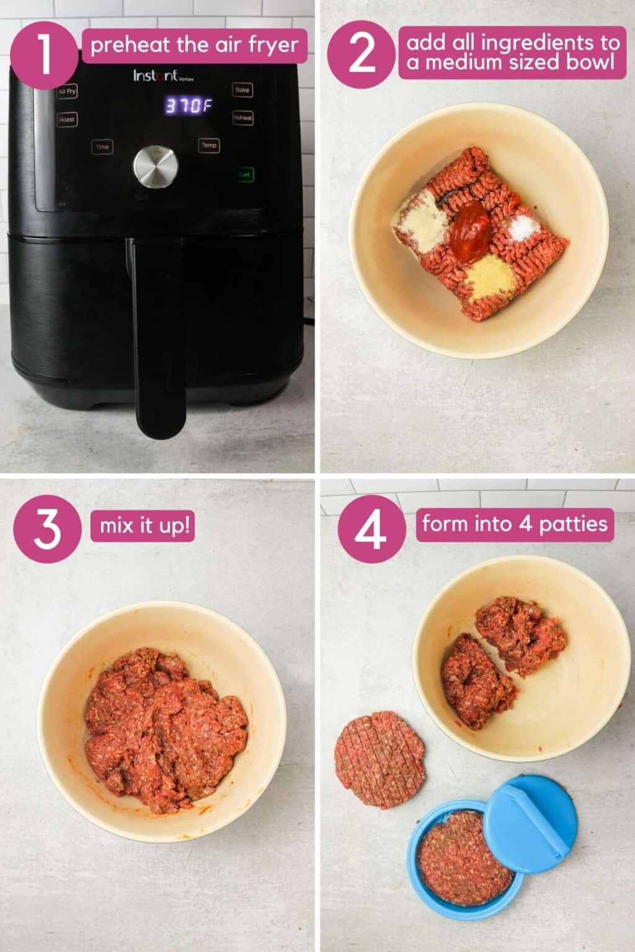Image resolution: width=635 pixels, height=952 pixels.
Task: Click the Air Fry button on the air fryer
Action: pyautogui.click(x=67, y=92)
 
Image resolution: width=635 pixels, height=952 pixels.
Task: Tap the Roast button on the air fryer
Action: pyautogui.click(x=67, y=120)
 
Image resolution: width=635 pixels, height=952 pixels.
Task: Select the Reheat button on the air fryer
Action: pyautogui.click(x=242, y=117)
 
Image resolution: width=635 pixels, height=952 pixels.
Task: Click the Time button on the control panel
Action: pyautogui.click(x=102, y=147)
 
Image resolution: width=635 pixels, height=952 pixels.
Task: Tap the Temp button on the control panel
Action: pyautogui.click(x=209, y=145)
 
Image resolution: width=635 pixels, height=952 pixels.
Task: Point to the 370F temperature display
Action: pyautogui.click(x=184, y=106)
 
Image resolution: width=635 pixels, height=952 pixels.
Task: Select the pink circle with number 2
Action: pyautogui.click(x=362, y=53)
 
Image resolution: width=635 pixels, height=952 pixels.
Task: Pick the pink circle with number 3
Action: pyautogui.click(x=47, y=529)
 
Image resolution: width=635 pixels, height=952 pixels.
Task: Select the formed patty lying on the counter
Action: pyautogui.click(x=380, y=759)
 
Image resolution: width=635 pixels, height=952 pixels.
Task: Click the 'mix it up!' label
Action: pyautogui.click(x=147, y=526)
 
